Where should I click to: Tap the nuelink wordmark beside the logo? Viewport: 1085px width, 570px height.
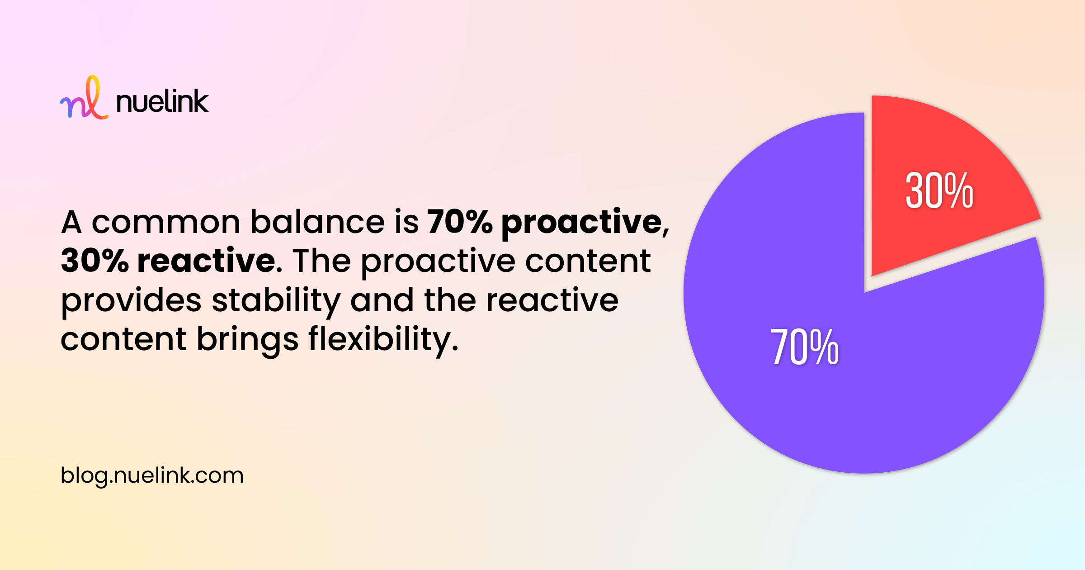pos(162,101)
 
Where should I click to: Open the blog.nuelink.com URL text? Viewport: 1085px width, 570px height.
pos(152,476)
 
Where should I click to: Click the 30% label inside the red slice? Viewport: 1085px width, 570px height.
pos(939,191)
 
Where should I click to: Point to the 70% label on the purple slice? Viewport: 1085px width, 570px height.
pos(804,347)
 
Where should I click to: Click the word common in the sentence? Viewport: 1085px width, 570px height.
pos(166,223)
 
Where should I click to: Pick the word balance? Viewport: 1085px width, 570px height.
pos(317,222)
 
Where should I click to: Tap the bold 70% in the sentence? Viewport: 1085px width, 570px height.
pos(460,222)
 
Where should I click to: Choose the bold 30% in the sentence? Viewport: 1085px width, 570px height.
pos(95,261)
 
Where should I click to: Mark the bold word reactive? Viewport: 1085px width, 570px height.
pos(207,261)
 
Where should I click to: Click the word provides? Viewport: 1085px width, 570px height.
pos(131,301)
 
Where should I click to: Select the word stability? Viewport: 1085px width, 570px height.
pos(276,301)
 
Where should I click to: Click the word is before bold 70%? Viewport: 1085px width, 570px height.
pos(406,222)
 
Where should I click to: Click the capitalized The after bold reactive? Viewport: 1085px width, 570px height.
pos(321,261)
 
